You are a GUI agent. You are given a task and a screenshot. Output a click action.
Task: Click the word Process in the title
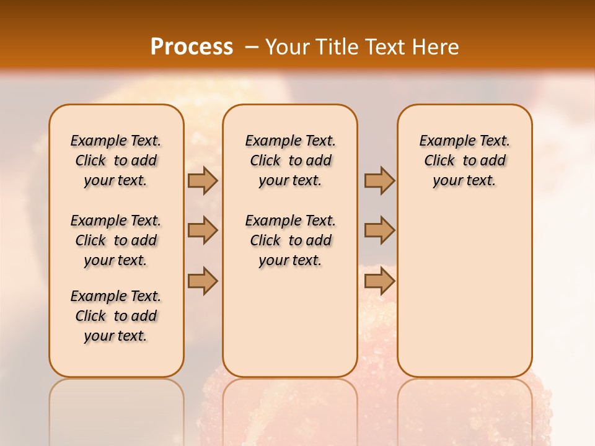click(192, 46)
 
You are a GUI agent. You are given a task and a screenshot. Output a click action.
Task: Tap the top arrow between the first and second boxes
click(203, 180)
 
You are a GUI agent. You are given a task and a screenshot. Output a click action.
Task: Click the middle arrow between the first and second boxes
click(203, 230)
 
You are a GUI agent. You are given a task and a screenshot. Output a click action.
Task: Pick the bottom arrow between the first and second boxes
click(203, 281)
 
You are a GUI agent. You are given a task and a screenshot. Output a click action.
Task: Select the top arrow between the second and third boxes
click(379, 180)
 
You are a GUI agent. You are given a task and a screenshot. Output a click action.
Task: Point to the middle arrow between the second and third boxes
click(379, 230)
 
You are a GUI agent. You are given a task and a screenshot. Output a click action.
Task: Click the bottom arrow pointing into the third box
click(379, 281)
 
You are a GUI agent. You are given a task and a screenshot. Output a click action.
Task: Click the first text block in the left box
click(116, 160)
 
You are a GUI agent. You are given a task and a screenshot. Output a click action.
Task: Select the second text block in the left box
click(116, 240)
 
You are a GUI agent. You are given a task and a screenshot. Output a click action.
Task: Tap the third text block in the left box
click(116, 316)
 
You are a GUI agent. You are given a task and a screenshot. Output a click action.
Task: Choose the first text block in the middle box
click(290, 160)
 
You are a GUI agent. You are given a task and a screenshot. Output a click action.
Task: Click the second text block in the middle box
click(290, 240)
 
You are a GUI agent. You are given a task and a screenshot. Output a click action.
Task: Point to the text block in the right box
click(464, 160)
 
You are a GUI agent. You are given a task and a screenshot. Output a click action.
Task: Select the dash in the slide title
click(252, 46)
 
